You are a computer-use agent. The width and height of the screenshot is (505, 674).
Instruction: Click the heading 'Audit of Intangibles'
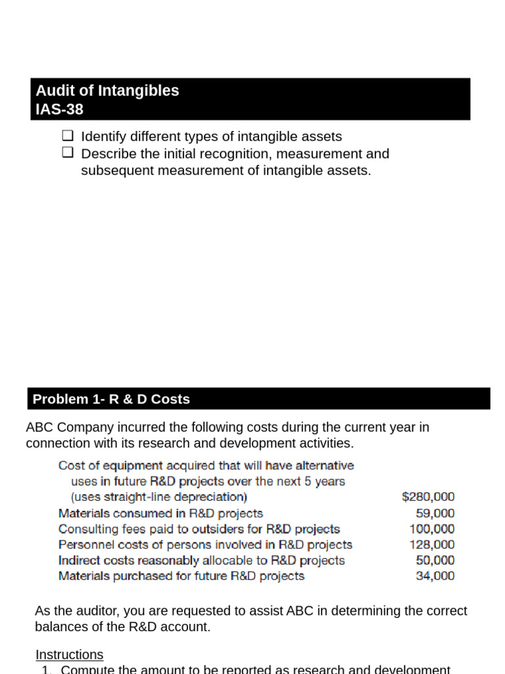point(107,91)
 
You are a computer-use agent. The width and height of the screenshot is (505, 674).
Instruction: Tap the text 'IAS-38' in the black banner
point(60,109)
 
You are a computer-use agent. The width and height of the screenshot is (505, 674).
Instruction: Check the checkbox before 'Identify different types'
point(67,136)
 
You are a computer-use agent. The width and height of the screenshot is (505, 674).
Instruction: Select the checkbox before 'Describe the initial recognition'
point(67,153)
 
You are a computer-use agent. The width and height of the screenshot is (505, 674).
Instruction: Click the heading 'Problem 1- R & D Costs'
point(111,399)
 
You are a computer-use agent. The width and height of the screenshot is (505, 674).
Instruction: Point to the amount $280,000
point(427,497)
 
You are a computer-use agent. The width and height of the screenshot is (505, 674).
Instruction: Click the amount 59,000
point(435,513)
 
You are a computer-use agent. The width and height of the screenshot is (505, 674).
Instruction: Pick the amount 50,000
point(435,560)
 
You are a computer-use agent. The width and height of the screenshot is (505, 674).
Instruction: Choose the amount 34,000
point(435,576)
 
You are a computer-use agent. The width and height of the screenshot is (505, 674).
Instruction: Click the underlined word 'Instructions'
point(69,654)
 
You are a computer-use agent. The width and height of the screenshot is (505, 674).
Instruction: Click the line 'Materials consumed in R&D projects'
point(160,513)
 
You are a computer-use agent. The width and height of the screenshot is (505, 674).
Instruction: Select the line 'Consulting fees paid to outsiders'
point(199,529)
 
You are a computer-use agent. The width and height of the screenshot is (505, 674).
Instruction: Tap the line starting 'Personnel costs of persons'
point(205,544)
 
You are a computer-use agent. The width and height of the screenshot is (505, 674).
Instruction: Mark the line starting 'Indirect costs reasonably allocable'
point(201,560)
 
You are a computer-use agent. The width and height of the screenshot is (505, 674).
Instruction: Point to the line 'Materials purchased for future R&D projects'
point(181,576)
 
